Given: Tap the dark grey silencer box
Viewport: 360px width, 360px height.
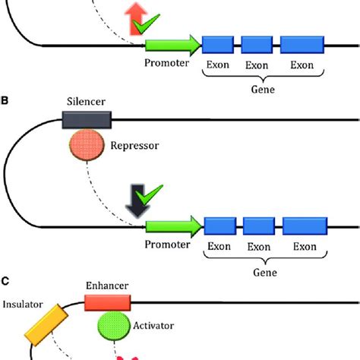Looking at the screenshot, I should (86, 119).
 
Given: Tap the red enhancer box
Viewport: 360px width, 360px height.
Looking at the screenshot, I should (108, 303).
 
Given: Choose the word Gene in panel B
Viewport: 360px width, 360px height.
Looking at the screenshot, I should (261, 273).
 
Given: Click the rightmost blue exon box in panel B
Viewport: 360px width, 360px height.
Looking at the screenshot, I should (305, 226).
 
